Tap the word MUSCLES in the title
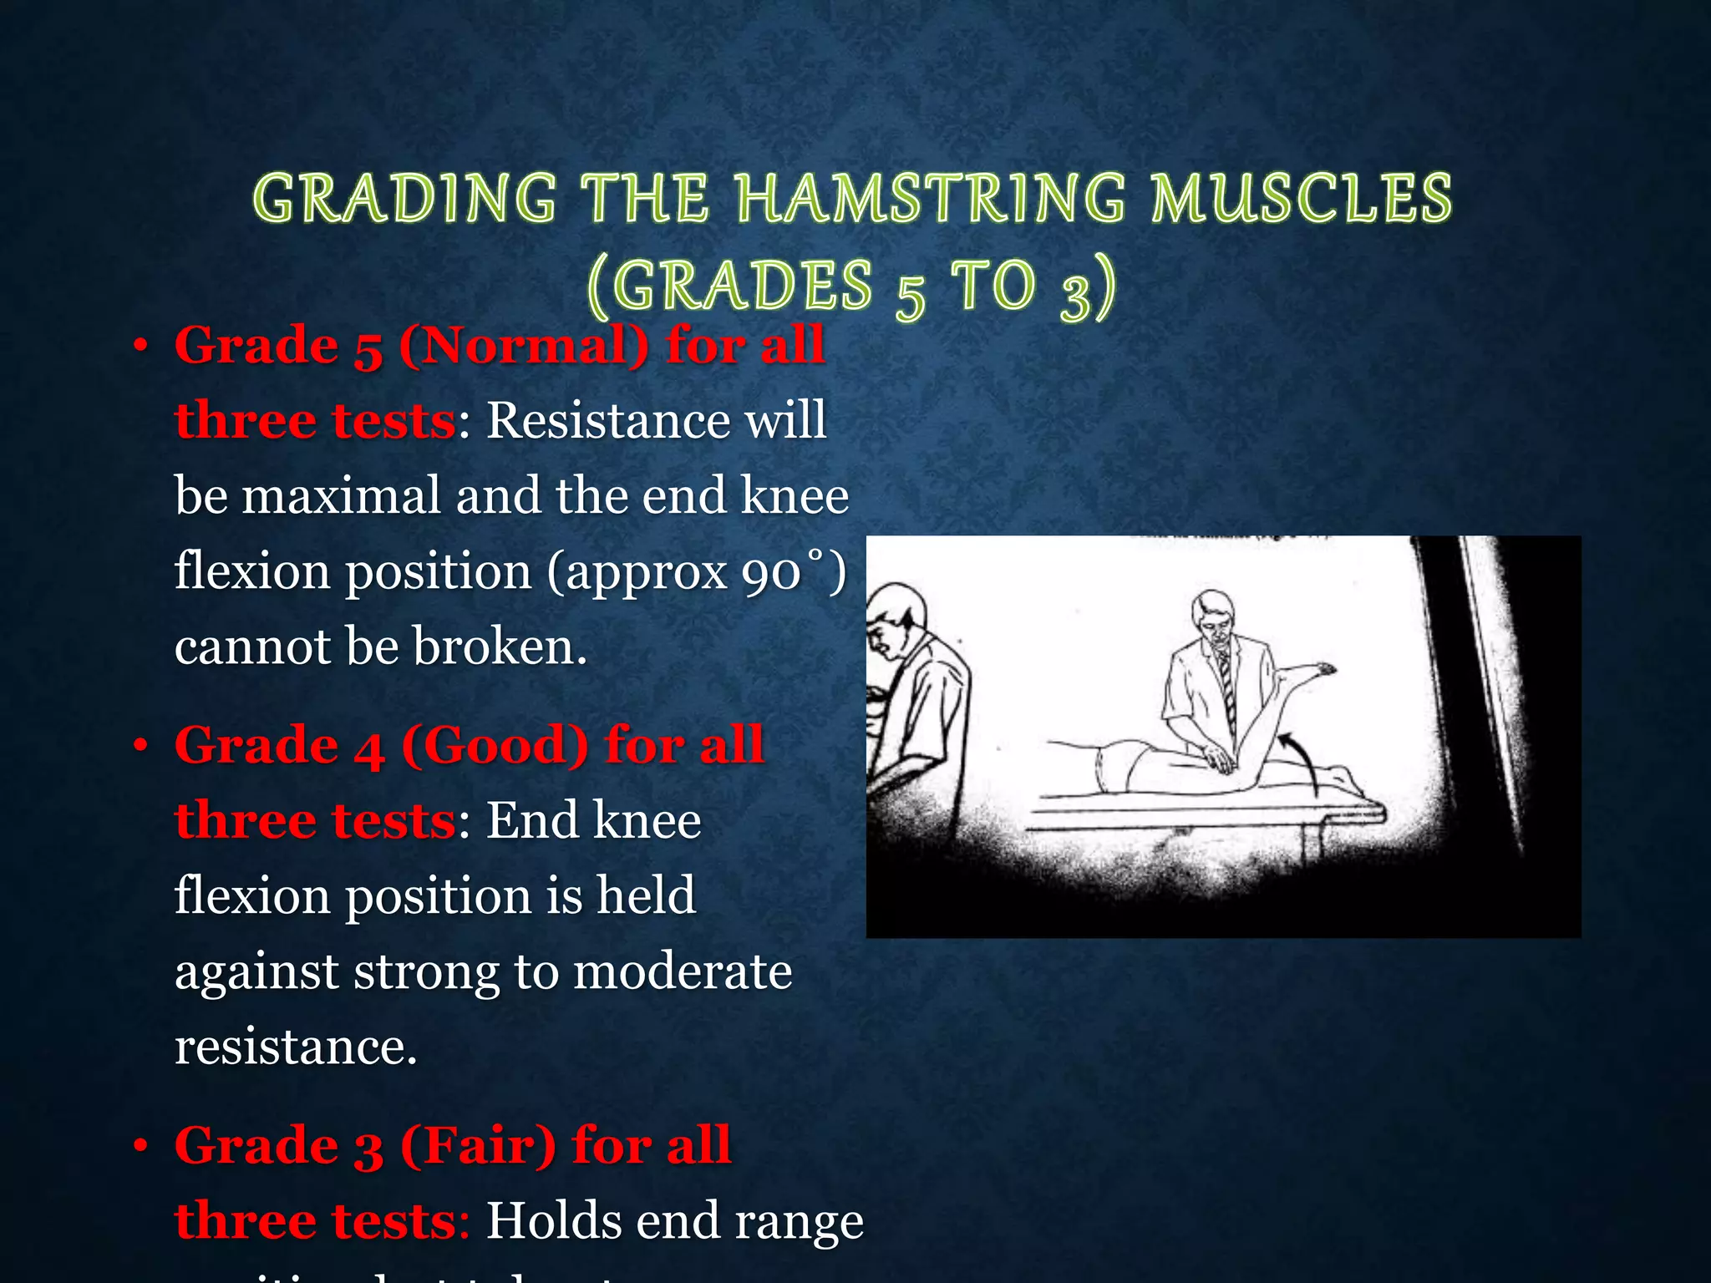(x=1301, y=199)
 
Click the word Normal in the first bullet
(x=523, y=345)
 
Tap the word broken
(x=499, y=647)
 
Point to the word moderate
(x=683, y=971)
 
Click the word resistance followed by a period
(x=295, y=1047)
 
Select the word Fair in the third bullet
(x=479, y=1145)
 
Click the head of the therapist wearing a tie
(x=1213, y=617)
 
